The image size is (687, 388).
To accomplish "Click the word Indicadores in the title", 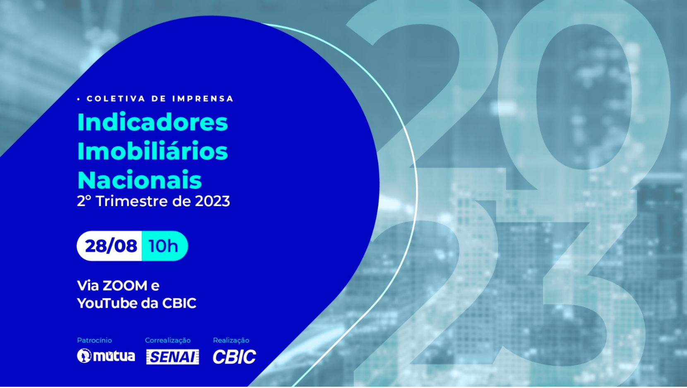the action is click(152, 122).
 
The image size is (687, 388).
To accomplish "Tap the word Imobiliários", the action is click(152, 151).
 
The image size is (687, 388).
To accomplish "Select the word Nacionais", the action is click(139, 180).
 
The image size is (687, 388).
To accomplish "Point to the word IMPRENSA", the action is click(203, 99).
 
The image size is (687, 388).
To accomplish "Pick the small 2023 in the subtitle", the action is click(212, 201).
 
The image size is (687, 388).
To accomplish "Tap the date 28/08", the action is click(111, 246).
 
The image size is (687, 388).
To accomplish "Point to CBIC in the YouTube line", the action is click(179, 303).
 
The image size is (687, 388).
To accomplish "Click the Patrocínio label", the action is click(94, 340).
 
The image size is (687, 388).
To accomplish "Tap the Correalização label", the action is click(168, 340).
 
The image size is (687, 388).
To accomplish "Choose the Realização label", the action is click(231, 340).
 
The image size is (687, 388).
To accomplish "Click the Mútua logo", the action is click(106, 356).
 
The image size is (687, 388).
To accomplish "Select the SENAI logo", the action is click(172, 356).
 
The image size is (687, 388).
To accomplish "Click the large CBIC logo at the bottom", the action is click(234, 356).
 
